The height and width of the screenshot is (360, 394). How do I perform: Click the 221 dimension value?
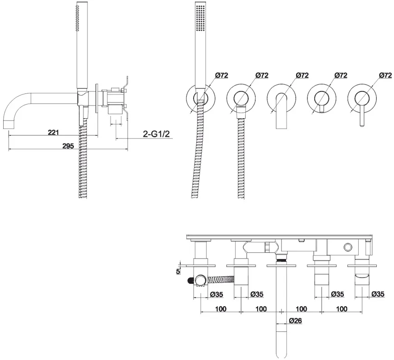click(x=53, y=132)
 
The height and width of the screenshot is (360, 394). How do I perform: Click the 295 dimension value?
click(x=68, y=146)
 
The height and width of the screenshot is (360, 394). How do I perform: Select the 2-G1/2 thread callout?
click(x=156, y=134)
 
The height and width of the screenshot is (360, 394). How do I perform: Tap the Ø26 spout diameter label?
click(x=295, y=321)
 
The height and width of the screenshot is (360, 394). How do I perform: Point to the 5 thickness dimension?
click(x=178, y=271)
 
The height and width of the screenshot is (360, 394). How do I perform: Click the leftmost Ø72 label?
click(x=222, y=75)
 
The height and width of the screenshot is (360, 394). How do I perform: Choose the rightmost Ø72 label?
click(x=385, y=75)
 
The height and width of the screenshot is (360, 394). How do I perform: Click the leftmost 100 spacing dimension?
click(x=221, y=308)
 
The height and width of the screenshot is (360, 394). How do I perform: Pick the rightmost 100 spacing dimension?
click(x=342, y=308)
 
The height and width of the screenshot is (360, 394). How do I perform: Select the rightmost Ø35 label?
click(x=378, y=294)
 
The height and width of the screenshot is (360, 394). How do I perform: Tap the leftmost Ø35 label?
click(x=217, y=294)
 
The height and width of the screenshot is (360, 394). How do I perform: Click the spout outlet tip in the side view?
click(x=9, y=125)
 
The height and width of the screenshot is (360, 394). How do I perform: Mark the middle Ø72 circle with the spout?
click(x=281, y=97)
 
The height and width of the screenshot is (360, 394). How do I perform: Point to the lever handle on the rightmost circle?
click(x=362, y=115)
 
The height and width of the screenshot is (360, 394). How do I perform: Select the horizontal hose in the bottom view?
click(x=220, y=279)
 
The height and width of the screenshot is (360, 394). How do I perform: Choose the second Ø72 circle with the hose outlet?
click(x=241, y=97)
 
